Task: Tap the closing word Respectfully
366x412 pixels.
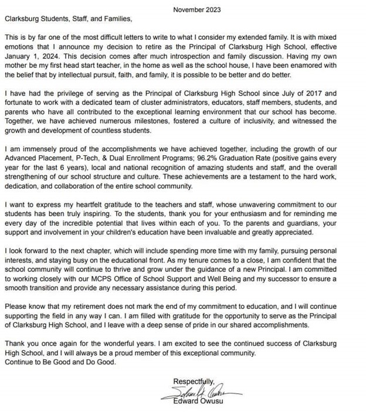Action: pos(195,381)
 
